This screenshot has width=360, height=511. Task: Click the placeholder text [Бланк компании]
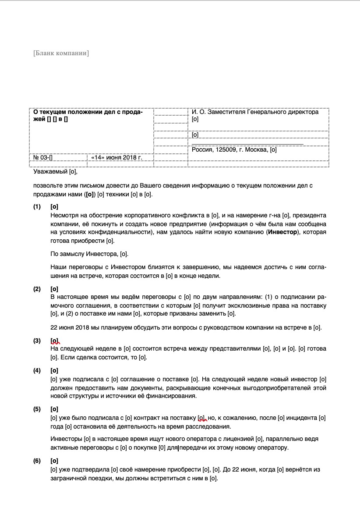(61, 53)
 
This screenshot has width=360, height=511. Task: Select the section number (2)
(37, 289)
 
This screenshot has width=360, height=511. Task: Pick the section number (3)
(37, 341)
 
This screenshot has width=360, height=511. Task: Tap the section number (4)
(37, 370)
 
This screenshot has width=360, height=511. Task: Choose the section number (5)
(37, 409)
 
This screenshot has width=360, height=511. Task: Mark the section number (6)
(37, 461)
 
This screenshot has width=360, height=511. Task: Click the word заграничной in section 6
(71, 479)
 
